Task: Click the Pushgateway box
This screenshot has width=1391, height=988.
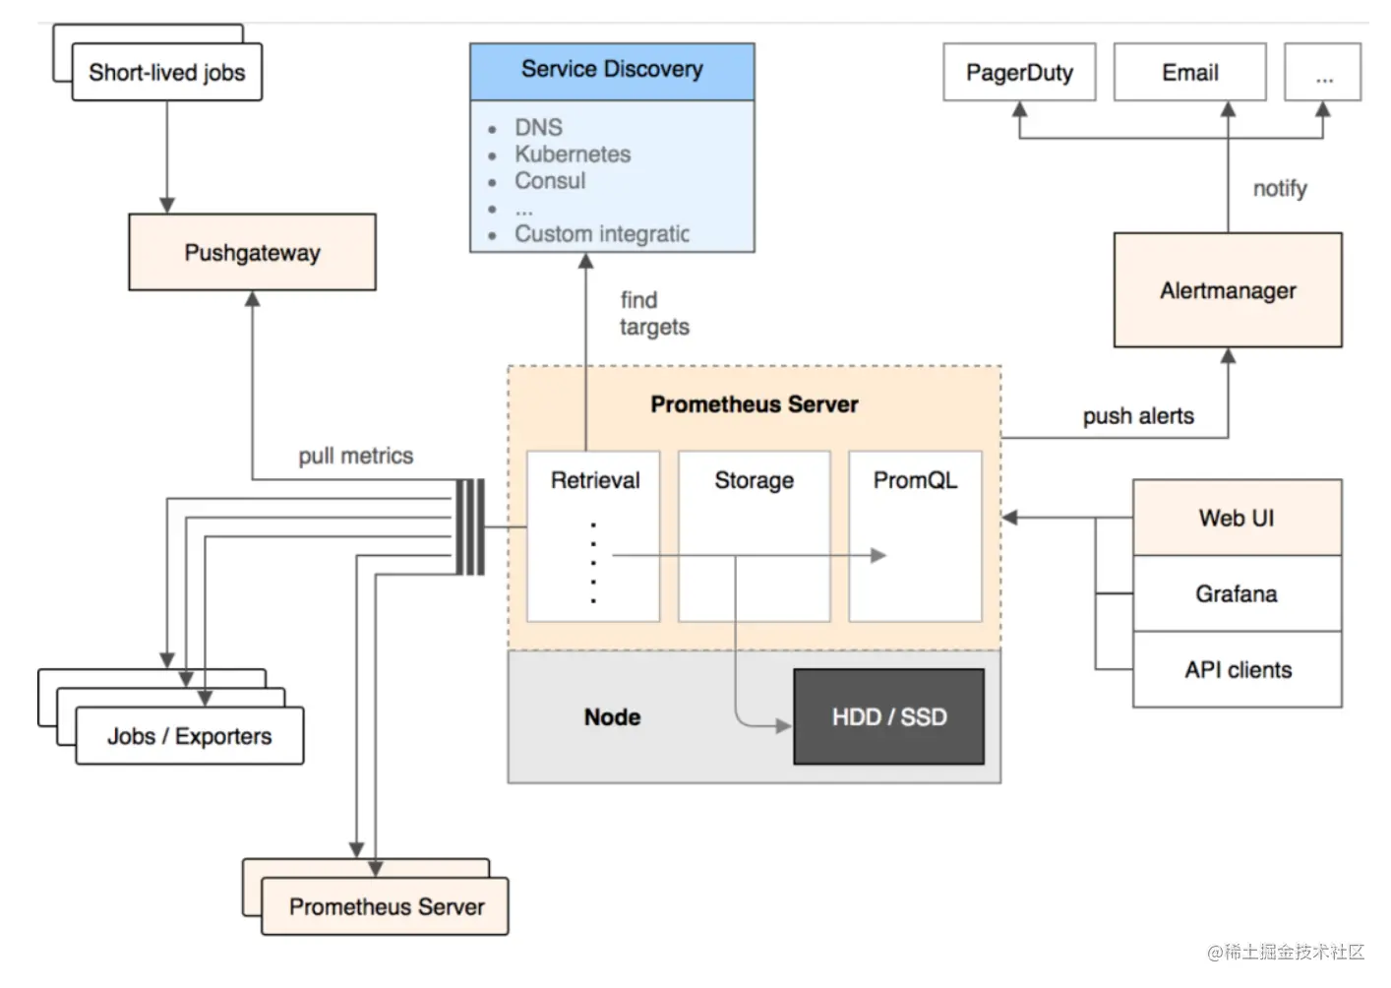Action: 252,252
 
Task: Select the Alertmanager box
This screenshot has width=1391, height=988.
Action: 1227,290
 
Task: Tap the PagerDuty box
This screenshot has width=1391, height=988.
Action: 1019,72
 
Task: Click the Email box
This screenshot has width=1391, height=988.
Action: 1189,72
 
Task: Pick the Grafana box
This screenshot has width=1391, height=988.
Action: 1237,593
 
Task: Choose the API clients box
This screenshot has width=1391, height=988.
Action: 1237,669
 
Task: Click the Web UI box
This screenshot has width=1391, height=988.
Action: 1237,518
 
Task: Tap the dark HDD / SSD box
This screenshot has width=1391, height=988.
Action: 888,716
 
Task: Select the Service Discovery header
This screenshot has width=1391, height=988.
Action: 612,70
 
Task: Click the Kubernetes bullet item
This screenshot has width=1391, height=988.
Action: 573,154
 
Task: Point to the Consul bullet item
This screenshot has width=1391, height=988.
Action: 550,181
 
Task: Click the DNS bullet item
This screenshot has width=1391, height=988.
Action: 538,128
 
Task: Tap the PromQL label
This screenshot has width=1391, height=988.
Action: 915,480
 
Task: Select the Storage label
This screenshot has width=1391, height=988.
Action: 754,480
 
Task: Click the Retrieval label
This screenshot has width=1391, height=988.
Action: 594,480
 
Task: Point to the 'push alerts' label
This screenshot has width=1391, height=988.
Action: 1138,416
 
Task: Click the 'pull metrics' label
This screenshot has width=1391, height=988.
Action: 356,456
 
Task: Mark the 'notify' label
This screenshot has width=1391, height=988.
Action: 1279,188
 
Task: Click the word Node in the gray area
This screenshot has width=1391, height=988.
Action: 612,716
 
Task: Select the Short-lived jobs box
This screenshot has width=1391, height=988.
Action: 167,72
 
